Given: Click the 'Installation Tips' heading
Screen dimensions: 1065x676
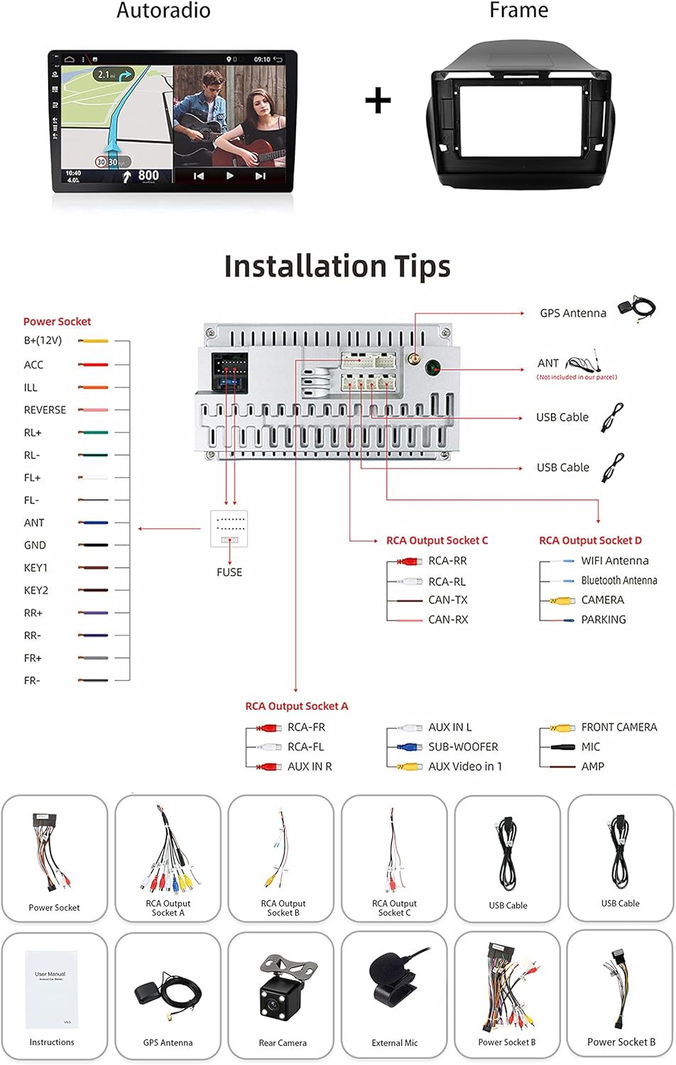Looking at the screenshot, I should coord(337,267).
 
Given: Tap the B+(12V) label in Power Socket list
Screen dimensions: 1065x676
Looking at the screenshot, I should coord(43,341).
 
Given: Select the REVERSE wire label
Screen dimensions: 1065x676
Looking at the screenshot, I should coord(45,410).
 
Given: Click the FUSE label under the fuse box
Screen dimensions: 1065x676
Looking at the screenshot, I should coord(229,572).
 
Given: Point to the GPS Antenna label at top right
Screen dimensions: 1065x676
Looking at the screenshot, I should coord(573,313).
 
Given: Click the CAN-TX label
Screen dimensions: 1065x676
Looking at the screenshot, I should coord(448,601).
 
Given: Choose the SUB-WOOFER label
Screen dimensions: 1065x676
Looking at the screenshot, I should coord(463,747).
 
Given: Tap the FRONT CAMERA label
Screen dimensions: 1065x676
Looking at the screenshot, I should coord(618,728).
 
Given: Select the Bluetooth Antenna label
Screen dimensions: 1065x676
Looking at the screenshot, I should coord(619,581).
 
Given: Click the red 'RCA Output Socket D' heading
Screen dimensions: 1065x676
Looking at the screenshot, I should coord(590,541).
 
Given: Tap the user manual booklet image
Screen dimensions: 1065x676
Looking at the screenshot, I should coord(50,990).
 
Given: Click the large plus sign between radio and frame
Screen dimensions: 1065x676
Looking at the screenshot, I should coord(378,101).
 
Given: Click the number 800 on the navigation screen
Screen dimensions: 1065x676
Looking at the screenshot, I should coord(148,175).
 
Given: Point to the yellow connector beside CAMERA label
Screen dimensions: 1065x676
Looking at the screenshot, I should coord(563,601).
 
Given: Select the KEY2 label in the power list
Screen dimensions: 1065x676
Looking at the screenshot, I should coord(36,591).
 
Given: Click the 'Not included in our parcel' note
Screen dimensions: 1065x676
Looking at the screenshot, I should coord(577,378).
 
